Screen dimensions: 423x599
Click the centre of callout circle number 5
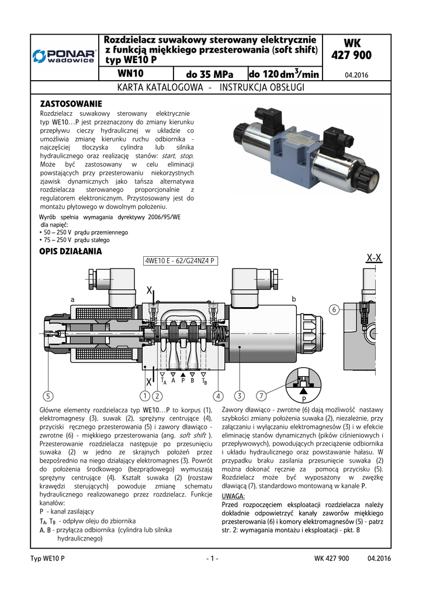(x=48, y=396)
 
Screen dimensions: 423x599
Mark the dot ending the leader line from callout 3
(x=240, y=347)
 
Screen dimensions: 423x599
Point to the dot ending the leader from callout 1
(x=145, y=368)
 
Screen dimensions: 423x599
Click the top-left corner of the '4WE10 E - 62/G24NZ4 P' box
(x=143, y=256)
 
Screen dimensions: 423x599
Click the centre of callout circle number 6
(x=334, y=309)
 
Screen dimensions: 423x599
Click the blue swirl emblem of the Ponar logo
(x=39, y=56)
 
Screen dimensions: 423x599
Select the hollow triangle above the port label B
(x=193, y=375)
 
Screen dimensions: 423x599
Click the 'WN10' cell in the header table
(x=130, y=73)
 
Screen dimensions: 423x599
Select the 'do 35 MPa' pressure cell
(x=209, y=74)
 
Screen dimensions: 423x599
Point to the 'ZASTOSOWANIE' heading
(x=71, y=104)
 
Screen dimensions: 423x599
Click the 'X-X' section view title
(x=374, y=258)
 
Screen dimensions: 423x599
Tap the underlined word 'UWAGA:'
(x=233, y=496)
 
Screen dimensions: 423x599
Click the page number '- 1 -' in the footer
(x=211, y=559)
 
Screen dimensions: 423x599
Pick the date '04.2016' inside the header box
(x=356, y=75)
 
